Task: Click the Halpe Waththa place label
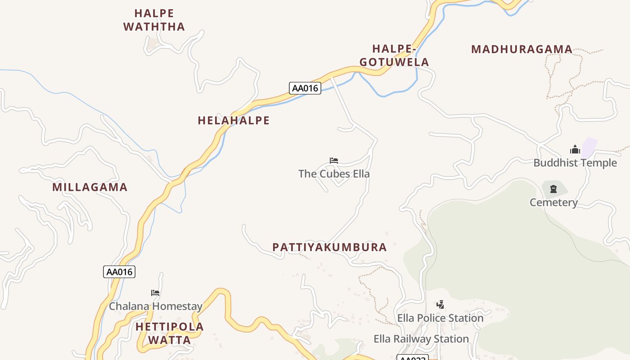154,20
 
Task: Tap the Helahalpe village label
234,121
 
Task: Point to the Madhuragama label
522,49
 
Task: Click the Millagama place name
90,187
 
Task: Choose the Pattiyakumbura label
329,247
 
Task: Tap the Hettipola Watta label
170,333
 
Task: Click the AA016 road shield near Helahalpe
305,88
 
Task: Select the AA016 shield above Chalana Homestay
119,272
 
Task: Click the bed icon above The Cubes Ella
334,160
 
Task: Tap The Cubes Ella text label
334,174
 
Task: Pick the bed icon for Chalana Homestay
155,292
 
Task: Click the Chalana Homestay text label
155,306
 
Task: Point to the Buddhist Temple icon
575,150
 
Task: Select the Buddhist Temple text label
575,163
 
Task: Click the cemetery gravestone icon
553,189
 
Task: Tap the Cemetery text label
553,202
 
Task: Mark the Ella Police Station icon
441,305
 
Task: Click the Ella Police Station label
440,318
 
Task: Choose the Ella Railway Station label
421,339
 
